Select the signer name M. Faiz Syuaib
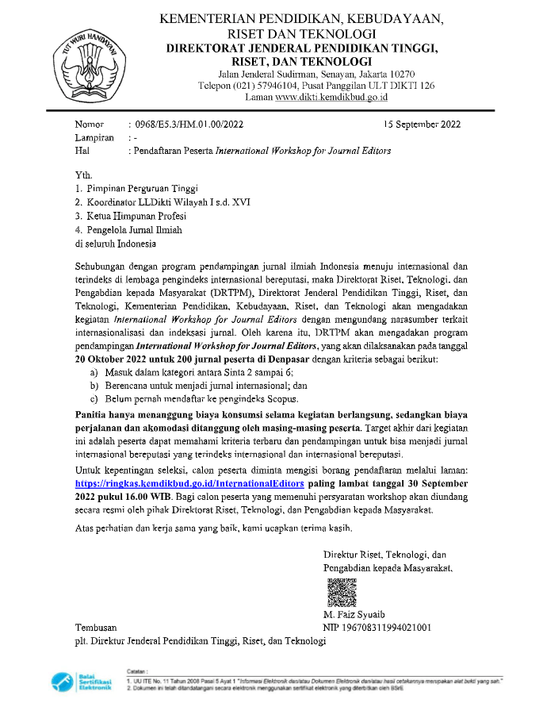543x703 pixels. click(x=354, y=615)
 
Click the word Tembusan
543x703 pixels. click(x=96, y=628)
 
